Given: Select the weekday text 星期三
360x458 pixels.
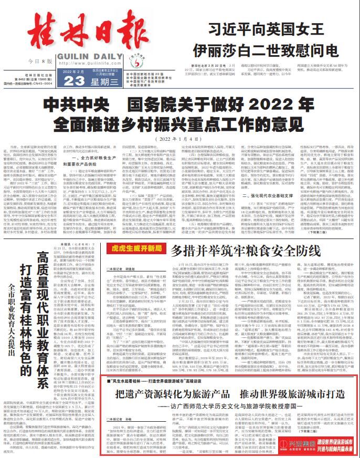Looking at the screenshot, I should point(106,79).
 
